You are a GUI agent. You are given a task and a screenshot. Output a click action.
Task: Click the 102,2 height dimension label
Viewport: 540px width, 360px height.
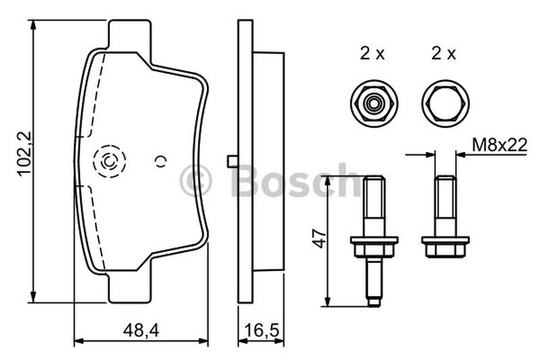coord(24,155)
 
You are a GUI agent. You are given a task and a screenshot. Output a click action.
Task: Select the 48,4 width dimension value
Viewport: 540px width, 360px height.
coord(141,331)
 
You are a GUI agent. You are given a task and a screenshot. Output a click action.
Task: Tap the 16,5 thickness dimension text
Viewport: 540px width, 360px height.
coord(261,331)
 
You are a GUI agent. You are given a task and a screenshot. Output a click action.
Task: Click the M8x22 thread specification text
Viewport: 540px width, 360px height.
coord(500,145)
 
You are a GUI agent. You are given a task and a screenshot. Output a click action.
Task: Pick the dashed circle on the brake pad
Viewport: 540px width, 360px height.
coord(109,161)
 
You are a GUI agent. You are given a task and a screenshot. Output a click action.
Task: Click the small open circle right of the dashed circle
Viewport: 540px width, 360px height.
coord(161,161)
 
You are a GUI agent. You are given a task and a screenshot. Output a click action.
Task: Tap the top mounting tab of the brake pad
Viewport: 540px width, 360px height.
coord(130,34)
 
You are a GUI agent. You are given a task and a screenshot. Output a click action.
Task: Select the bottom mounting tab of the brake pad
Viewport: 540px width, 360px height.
coord(130,288)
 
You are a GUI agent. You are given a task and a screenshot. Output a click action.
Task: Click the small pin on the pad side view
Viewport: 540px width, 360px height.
coord(233,161)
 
